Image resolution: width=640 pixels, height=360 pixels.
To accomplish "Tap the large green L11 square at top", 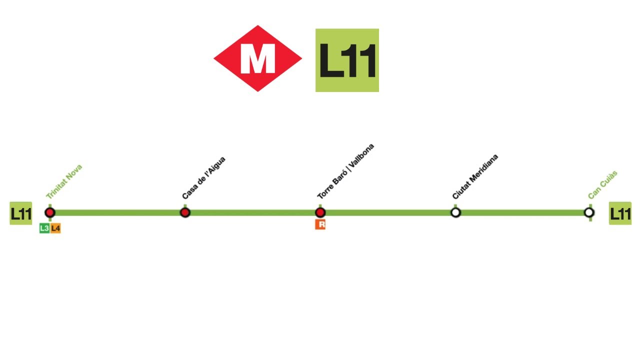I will (x=347, y=60).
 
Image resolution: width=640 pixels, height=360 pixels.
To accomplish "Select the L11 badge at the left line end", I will (x=21, y=214).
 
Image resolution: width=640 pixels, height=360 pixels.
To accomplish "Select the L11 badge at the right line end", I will (x=620, y=213).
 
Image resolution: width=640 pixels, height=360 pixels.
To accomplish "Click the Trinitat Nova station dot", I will (x=50, y=212).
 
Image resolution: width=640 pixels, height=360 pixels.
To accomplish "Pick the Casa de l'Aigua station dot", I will (x=185, y=212).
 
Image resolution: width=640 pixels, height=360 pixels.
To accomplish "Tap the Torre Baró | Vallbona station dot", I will (x=320, y=212).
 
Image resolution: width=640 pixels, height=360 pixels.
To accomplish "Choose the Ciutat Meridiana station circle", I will (x=455, y=212).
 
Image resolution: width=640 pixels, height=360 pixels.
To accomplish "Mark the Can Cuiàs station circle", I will (x=589, y=212).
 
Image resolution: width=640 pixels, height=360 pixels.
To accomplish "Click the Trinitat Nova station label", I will (x=64, y=182).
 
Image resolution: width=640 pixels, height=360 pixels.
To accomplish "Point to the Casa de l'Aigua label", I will (x=203, y=177).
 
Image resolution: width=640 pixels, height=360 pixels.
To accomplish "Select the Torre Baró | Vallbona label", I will (x=346, y=171).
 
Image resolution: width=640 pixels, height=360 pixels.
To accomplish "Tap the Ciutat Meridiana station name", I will (x=475, y=177).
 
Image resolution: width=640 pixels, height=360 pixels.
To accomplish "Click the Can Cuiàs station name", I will (x=603, y=184).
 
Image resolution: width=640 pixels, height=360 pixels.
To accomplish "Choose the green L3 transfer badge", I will (x=44, y=228).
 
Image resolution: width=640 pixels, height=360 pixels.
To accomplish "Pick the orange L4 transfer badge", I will (x=55, y=228).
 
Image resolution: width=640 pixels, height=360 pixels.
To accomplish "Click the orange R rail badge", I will (x=320, y=224).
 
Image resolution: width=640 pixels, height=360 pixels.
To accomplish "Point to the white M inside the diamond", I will (x=257, y=59).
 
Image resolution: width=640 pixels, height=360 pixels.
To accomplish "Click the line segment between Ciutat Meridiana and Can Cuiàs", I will (x=522, y=212).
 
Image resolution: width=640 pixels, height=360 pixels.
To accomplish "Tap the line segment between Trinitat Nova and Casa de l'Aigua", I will (x=117, y=212).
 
